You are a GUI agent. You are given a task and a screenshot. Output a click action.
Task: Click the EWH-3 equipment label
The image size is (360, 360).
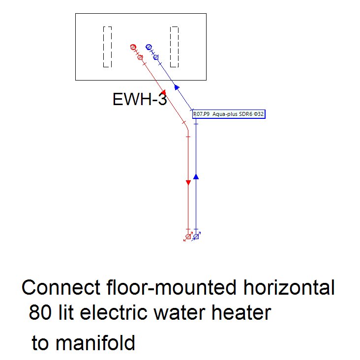140,100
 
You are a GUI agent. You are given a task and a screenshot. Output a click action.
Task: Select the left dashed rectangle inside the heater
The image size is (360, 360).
107,47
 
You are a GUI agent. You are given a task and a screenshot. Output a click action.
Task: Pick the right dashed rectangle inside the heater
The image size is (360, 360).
174,47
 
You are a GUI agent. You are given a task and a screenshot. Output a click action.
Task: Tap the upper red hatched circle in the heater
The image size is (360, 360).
133,47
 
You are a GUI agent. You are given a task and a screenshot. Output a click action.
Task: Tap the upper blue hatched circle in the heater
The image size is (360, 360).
149,47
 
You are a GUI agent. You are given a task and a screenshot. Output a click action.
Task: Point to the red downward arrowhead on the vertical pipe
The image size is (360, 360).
188,183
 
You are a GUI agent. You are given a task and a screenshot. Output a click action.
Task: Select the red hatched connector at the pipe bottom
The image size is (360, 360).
188,237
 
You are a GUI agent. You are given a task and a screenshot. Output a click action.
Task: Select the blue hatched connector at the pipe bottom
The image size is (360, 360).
196,237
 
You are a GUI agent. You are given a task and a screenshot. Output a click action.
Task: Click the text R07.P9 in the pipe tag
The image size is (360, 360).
202,114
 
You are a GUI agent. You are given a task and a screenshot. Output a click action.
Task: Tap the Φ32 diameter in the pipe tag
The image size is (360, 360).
259,114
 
